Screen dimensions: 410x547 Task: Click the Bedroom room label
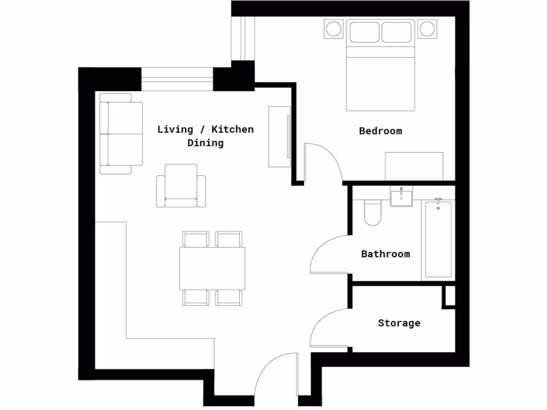tap(380, 131)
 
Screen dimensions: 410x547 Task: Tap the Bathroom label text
tap(386, 254)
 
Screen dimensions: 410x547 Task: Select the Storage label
tap(399, 323)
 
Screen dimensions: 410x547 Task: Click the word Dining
tap(205, 143)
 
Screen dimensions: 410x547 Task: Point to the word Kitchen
tap(232, 129)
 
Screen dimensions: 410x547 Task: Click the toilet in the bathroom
tap(372, 212)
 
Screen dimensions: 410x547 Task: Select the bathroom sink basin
tap(401, 198)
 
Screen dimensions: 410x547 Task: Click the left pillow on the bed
tap(364, 32)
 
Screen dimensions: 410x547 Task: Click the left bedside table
tap(334, 29)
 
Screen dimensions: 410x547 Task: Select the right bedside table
tap(427, 29)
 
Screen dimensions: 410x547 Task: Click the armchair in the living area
tap(181, 186)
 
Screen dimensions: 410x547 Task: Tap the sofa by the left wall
tap(122, 133)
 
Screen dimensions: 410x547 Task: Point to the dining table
tap(212, 268)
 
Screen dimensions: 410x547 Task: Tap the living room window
tap(177, 79)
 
